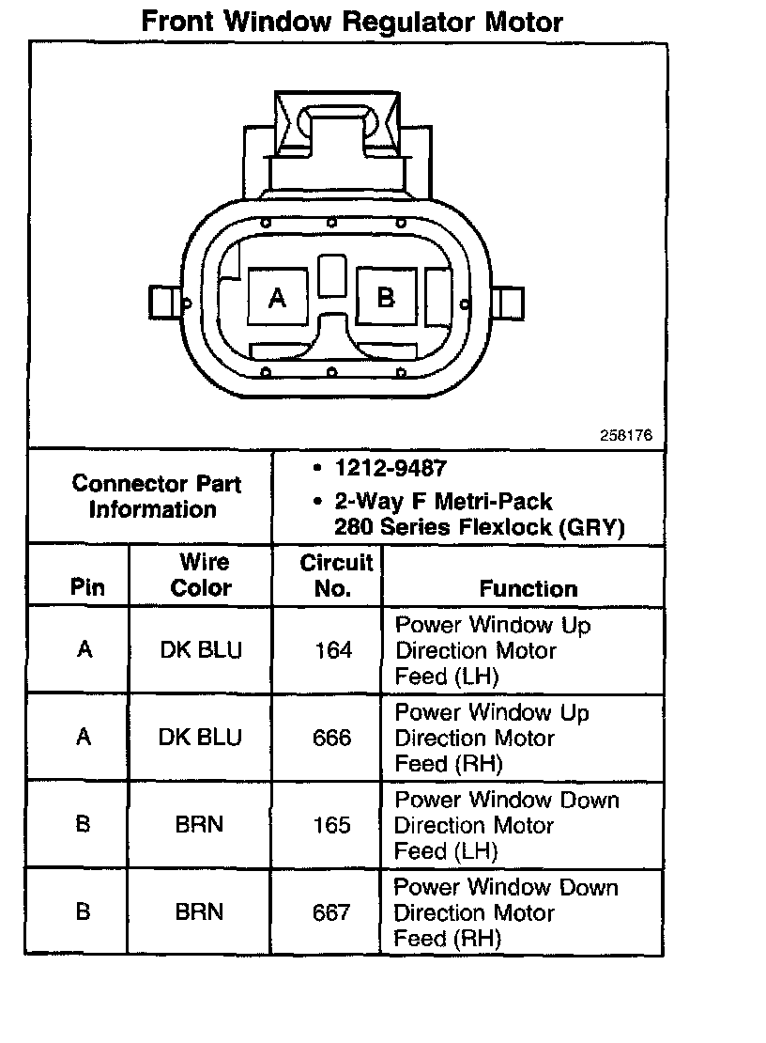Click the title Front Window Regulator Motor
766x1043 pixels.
point(352,22)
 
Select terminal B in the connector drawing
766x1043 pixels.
point(385,297)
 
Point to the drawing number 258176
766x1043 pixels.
point(626,436)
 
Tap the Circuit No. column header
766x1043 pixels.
point(335,575)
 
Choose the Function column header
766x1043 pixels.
point(528,588)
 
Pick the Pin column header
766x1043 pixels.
point(86,588)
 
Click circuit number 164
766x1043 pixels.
point(333,650)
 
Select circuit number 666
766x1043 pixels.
point(332,738)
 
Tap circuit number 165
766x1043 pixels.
point(332,825)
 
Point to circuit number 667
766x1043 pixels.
point(331,912)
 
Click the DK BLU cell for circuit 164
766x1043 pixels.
point(200,650)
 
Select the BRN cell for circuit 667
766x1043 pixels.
point(199,912)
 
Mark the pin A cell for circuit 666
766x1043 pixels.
point(84,738)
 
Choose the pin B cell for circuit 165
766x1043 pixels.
point(83,825)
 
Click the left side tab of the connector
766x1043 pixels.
point(162,303)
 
